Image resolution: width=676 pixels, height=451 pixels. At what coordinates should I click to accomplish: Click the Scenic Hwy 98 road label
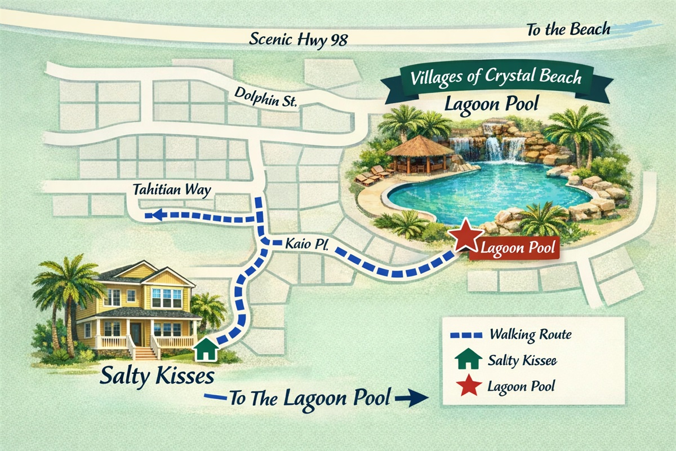click(x=299, y=39)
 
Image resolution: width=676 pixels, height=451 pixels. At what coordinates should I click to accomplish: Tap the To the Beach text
click(x=568, y=29)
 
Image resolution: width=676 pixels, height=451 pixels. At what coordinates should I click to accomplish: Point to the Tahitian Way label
click(x=172, y=190)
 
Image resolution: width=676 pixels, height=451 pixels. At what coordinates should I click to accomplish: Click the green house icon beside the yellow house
click(x=206, y=350)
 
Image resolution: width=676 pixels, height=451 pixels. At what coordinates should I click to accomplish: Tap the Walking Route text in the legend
click(x=530, y=334)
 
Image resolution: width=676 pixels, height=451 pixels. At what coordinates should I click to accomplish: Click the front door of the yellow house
click(x=136, y=334)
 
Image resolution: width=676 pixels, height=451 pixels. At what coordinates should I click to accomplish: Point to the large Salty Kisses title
click(x=157, y=377)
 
